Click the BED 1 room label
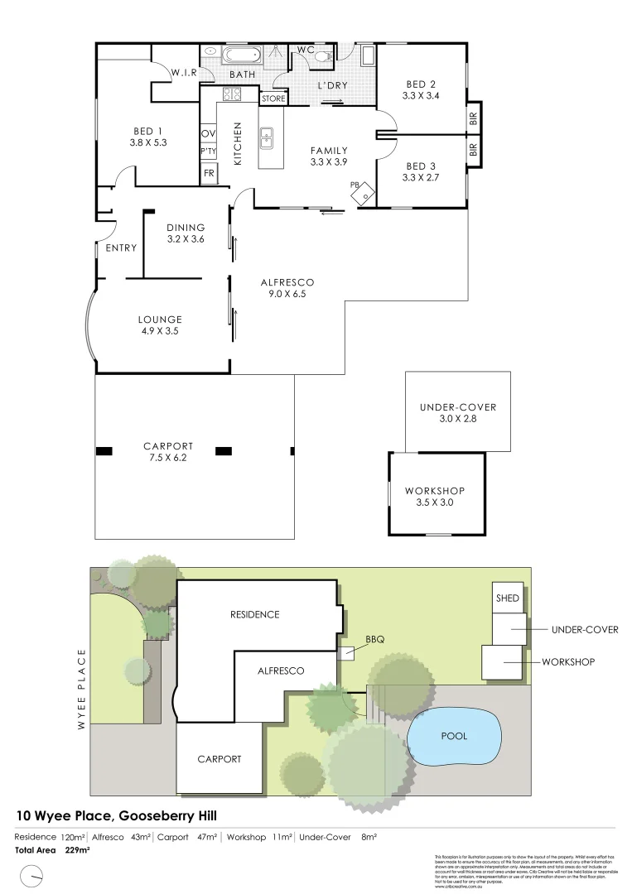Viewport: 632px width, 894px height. click(148, 130)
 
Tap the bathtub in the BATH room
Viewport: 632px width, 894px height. click(243, 56)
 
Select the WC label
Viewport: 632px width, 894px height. click(306, 50)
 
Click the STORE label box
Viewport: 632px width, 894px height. click(273, 99)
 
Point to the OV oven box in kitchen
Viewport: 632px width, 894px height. click(208, 133)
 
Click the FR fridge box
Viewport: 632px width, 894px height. click(209, 173)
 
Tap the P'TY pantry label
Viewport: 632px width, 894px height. click(208, 152)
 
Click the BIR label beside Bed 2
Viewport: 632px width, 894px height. click(473, 118)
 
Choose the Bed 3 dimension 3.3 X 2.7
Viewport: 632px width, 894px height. click(421, 177)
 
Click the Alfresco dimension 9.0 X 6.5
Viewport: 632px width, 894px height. click(288, 293)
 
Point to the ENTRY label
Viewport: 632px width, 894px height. click(121, 248)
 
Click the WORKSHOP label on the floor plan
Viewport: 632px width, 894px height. click(434, 491)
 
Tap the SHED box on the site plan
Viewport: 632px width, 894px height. click(507, 598)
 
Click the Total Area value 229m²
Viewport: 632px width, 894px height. click(77, 849)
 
